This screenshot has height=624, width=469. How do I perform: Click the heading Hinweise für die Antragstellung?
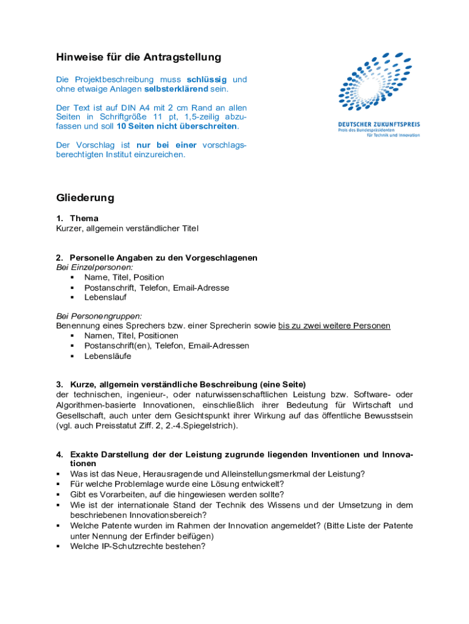click(x=138, y=57)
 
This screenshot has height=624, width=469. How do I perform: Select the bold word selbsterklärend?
click(x=176, y=89)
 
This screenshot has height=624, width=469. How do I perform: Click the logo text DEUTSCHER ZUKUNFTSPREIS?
click(x=378, y=125)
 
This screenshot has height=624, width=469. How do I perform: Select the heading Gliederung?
click(x=85, y=198)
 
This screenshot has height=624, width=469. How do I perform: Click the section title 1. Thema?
click(x=77, y=218)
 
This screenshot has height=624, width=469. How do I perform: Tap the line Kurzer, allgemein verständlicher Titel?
click(x=127, y=228)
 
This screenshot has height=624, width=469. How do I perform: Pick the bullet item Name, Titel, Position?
click(x=124, y=277)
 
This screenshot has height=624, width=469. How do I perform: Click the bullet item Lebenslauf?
click(x=105, y=297)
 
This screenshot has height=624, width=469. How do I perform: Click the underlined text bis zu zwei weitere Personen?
click(x=334, y=326)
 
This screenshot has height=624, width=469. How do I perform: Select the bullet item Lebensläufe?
click(x=107, y=356)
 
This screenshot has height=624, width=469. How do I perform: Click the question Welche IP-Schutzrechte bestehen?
click(x=138, y=547)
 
